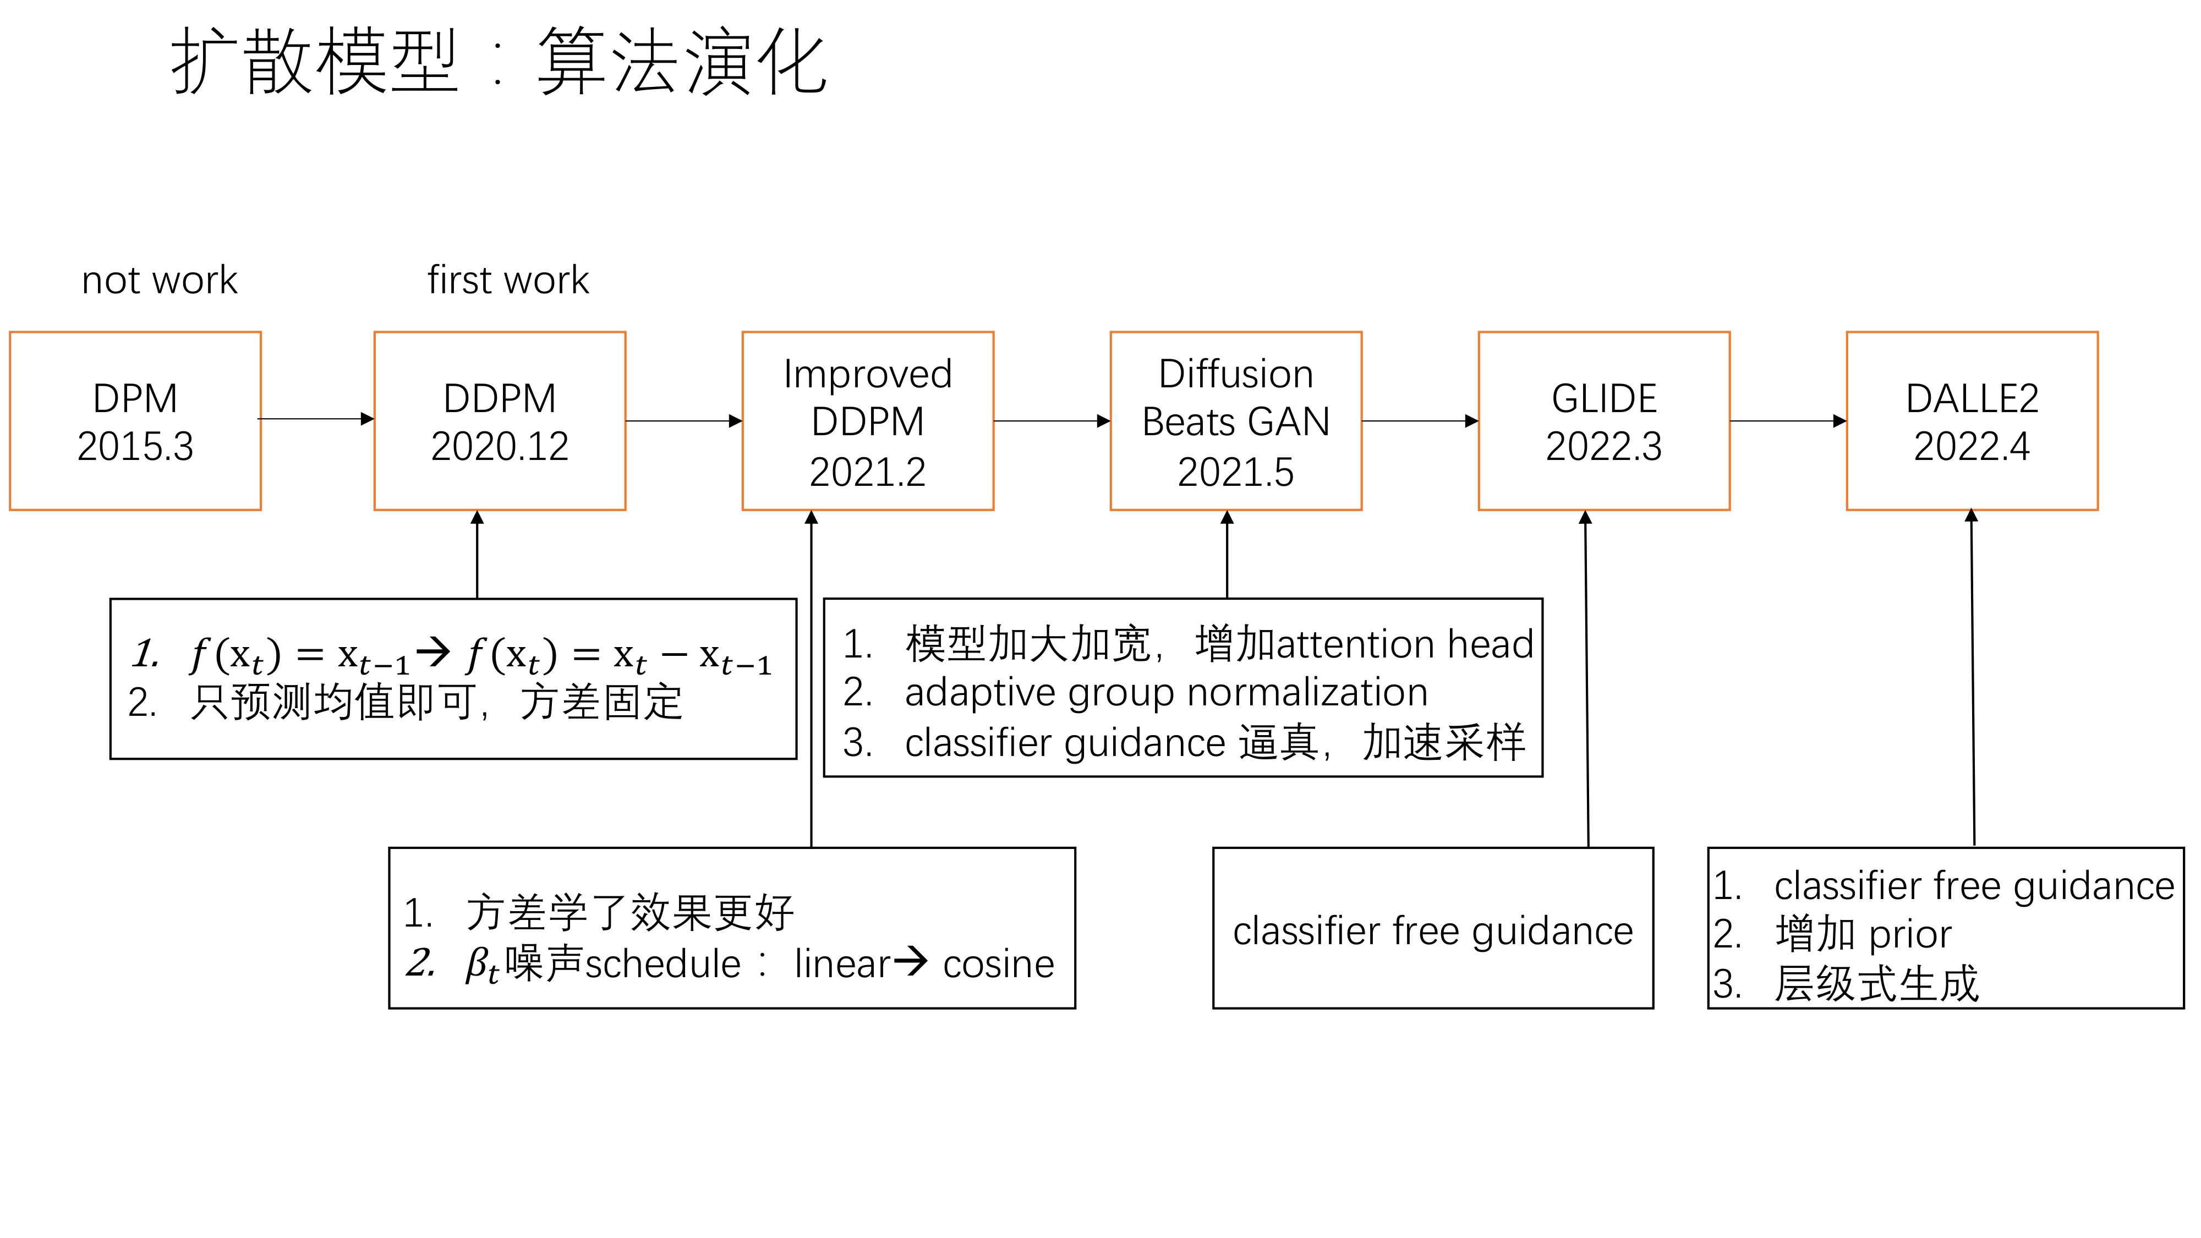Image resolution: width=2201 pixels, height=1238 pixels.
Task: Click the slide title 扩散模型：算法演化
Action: point(499,62)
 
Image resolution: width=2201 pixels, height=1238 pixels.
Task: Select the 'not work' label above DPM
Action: point(159,280)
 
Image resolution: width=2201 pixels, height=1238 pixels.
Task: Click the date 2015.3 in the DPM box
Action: point(135,446)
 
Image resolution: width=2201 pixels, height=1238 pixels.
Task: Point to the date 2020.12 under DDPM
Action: point(499,446)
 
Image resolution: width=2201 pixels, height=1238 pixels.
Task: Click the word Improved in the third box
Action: point(867,374)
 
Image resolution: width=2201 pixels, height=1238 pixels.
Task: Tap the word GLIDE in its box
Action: point(1604,398)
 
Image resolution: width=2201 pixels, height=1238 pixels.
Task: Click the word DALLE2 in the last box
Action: point(1972,398)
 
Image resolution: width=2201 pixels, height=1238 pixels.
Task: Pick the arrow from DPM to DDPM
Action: point(316,419)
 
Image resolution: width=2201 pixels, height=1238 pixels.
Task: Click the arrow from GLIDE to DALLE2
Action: point(1787,420)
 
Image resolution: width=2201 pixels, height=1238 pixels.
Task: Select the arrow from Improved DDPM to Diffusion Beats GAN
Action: point(1052,420)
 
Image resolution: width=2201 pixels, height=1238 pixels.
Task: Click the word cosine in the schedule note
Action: point(998,965)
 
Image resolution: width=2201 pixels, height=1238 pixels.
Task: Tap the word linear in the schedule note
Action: point(842,965)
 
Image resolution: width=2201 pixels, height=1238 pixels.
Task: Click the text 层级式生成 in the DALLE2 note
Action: point(1876,983)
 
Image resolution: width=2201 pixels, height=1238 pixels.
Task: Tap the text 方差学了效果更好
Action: point(629,912)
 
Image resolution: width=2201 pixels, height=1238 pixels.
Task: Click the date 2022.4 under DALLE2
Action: point(1972,446)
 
